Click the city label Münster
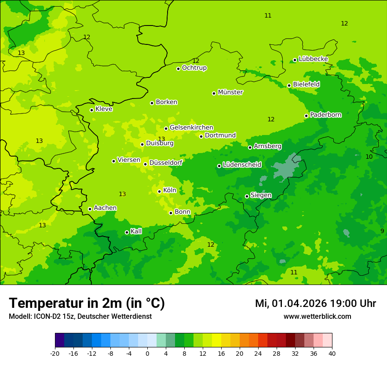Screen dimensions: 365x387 230,92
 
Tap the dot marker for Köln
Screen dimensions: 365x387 160,191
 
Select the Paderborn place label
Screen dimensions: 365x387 325,115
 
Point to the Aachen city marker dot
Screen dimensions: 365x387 90,209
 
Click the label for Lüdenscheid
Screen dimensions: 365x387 242,165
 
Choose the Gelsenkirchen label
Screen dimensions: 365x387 191,128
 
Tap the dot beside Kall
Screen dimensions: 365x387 127,232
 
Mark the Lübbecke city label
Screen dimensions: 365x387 313,59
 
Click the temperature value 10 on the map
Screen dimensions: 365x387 369,157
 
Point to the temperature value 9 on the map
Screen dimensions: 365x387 382,231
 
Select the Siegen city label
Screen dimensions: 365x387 261,195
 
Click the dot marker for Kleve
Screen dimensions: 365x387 91,110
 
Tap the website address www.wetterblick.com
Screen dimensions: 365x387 317,316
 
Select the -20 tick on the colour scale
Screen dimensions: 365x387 55,353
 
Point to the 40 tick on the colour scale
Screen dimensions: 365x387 332,353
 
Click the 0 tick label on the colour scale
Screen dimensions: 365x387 147,353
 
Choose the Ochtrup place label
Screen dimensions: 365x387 194,68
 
